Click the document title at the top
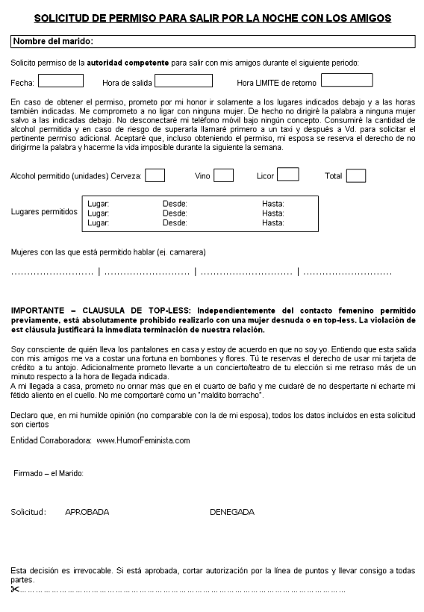tap(212, 16)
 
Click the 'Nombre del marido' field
tap(213, 42)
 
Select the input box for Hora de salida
tap(183, 81)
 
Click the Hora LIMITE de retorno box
tap(346, 81)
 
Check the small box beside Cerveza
tap(155, 175)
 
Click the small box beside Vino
tap(223, 175)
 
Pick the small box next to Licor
tap(287, 175)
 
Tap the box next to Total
tap(356, 175)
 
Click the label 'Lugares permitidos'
tap(44, 212)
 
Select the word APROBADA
tap(87, 512)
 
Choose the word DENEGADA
tap(231, 512)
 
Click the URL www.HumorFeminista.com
tap(143, 440)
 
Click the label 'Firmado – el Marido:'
tap(49, 473)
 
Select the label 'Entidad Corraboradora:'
tap(51, 440)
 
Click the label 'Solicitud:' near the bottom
tap(28, 512)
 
